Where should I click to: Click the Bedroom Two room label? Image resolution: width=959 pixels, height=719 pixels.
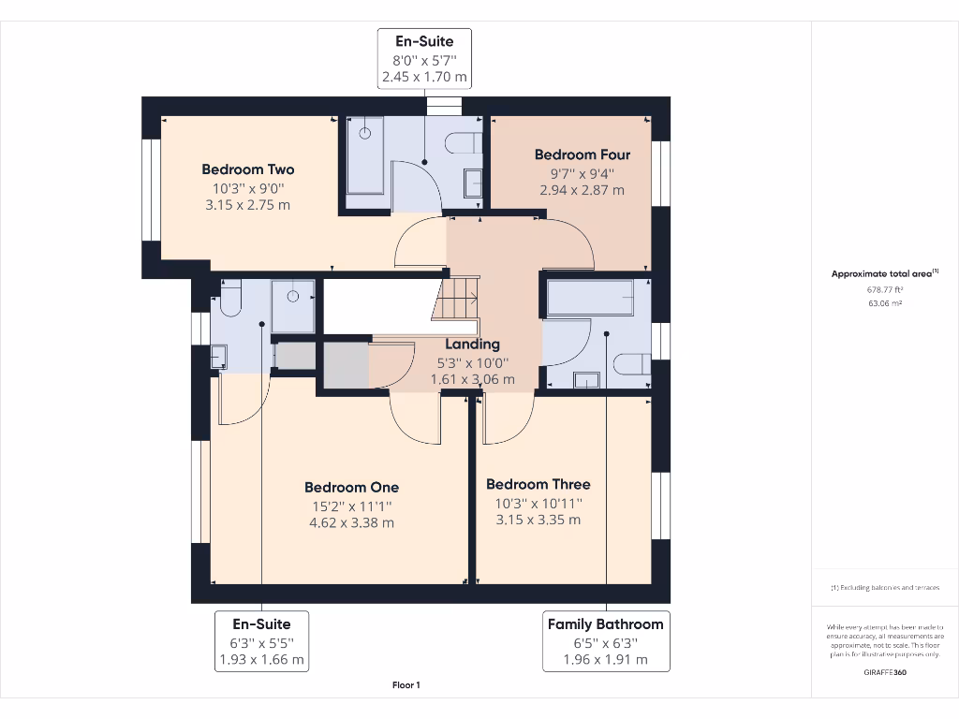click(x=248, y=169)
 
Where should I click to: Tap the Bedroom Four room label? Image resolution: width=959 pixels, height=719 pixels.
click(x=582, y=154)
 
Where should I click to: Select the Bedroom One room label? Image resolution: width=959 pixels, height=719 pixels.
click(x=351, y=487)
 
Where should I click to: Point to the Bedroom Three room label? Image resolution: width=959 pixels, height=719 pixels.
click(x=538, y=484)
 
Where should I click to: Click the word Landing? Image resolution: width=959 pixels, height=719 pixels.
click(x=472, y=345)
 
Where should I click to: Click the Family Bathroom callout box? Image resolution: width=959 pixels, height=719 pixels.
click(x=605, y=641)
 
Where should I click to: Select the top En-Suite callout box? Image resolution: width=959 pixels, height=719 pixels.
click(x=424, y=59)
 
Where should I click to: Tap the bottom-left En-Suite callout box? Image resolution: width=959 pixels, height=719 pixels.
click(x=261, y=641)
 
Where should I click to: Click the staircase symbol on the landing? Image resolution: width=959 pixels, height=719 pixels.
click(x=459, y=299)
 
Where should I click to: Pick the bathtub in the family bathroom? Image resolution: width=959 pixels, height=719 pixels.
click(x=590, y=297)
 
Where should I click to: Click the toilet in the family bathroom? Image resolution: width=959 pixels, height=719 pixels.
click(x=632, y=363)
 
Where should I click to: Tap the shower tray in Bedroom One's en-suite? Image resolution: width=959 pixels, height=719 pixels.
click(x=293, y=305)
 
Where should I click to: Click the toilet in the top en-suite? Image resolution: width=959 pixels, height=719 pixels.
click(x=465, y=142)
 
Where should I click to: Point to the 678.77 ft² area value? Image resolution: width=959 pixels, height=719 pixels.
click(x=884, y=290)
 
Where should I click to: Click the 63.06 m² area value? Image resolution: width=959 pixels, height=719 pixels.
click(x=884, y=303)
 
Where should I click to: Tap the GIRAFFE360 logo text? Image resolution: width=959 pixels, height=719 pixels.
click(x=884, y=672)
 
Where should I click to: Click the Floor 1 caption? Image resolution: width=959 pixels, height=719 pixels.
click(x=406, y=685)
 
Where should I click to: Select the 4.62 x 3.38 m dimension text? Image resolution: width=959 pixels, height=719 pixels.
click(x=351, y=522)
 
